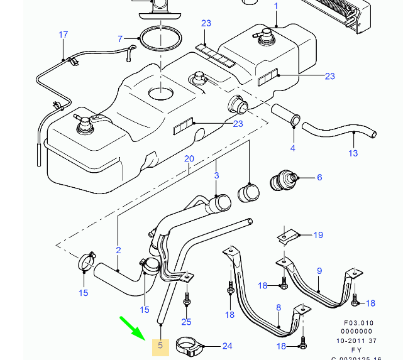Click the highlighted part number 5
click(160, 345)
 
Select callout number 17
click(63, 35)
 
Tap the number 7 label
click(119, 39)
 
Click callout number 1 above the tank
click(275, 6)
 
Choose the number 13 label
click(353, 153)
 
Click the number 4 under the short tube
click(292, 148)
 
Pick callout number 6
click(319, 178)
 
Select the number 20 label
click(189, 159)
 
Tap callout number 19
click(318, 235)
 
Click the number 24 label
click(227, 346)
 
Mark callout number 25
click(186, 322)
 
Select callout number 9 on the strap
click(319, 271)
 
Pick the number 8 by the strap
click(279, 308)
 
